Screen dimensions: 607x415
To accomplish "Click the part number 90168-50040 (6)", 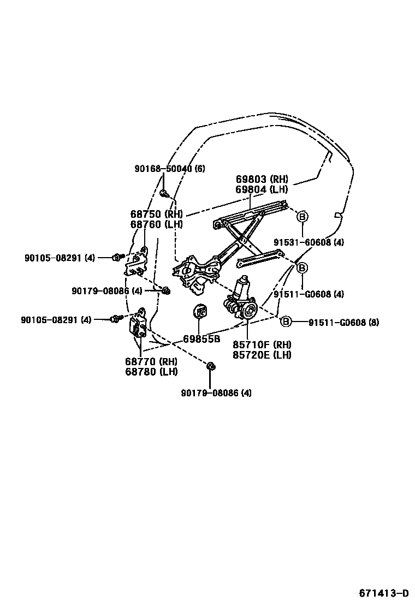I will coord(170,169).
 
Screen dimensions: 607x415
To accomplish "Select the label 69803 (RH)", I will coord(262,180).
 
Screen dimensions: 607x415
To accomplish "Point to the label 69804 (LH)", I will coord(262,189).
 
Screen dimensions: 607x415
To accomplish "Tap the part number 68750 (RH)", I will coord(156,214).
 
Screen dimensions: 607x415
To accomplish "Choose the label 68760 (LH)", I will coord(156,224).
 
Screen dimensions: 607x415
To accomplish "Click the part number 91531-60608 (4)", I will coord(309,242).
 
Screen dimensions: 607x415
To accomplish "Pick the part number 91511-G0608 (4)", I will coord(309,294).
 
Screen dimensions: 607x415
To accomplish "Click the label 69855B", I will coord(201,339).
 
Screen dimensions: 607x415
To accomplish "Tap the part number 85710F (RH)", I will coord(262,344).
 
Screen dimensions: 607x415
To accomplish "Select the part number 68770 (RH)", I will coord(151,362).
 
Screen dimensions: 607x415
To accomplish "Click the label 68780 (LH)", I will coord(151,372).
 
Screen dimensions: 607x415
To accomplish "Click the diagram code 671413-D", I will coord(383,593).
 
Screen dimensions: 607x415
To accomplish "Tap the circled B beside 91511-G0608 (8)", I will coord(286,322).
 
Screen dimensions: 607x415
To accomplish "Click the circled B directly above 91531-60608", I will coord(302,217).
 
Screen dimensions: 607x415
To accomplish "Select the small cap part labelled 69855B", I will coord(200,312).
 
